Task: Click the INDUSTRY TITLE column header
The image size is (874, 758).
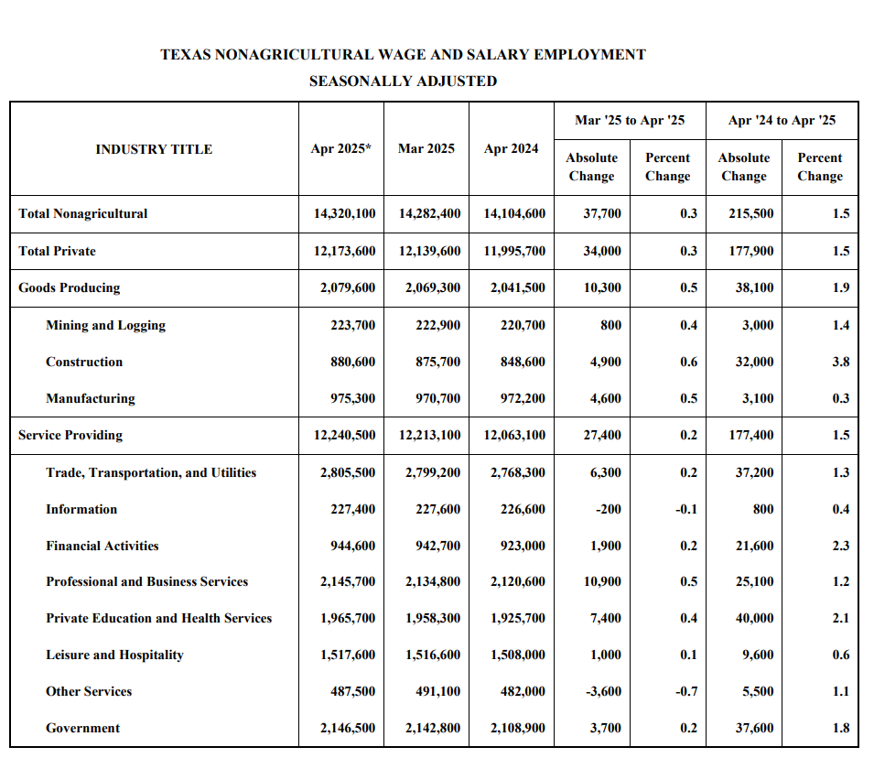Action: [154, 149]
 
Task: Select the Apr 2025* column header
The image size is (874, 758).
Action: [340, 148]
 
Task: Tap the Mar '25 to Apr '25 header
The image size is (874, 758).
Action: [629, 120]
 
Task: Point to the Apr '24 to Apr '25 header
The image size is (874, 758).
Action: [782, 120]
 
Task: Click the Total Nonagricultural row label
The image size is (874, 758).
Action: [82, 214]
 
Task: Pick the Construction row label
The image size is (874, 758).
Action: [84, 362]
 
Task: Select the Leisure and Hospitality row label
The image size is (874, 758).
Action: [114, 655]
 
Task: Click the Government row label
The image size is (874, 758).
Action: [82, 728]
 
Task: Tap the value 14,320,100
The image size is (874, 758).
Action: [344, 214]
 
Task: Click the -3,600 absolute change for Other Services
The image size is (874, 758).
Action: [602, 691]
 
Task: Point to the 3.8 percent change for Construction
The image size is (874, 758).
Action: [840, 362]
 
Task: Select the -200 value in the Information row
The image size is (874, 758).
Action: [609, 509]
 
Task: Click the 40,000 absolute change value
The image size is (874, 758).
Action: [754, 618]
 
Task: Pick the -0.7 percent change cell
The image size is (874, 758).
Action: [685, 691]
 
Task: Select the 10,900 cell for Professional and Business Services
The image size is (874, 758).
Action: [602, 581]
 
